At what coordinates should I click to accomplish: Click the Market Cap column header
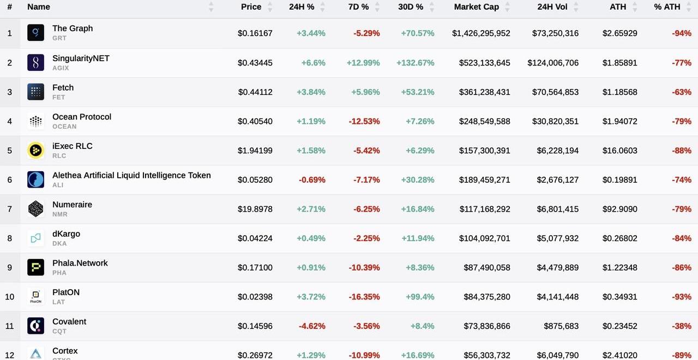476,7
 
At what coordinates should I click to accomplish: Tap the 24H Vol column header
552,7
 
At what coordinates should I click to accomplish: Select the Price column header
251,7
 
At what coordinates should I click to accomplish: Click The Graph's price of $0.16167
255,33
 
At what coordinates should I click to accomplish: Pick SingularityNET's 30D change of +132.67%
416,63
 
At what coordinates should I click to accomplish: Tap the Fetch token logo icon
35,92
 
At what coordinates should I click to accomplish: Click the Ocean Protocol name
82,117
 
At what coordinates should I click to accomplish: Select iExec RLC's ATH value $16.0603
619,151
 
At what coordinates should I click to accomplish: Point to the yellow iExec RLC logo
35,151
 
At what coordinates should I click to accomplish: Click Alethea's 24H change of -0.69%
312,180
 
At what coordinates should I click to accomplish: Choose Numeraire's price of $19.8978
255,209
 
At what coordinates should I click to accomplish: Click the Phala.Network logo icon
35,267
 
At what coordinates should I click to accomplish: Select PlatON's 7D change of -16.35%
364,297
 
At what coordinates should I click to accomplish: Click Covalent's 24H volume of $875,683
561,326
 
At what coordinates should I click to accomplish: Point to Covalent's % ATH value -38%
682,326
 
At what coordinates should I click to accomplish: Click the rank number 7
9,209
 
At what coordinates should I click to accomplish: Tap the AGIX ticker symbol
61,68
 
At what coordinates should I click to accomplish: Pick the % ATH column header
667,7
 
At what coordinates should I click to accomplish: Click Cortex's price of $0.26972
255,355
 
